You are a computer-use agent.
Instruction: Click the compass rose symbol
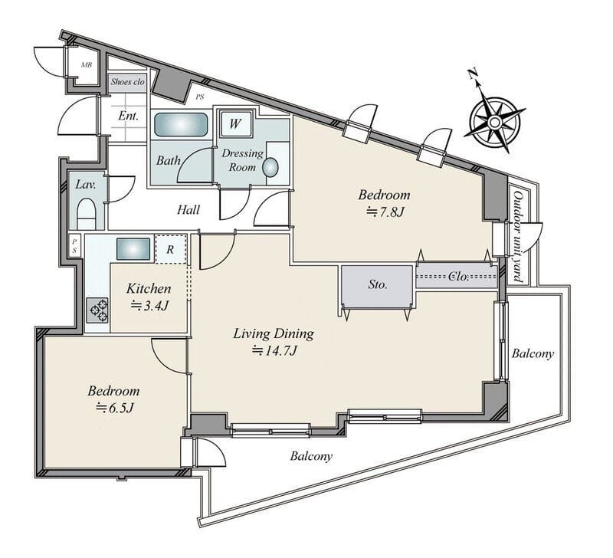click(494, 123)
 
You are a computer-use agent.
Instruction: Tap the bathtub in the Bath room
click(181, 125)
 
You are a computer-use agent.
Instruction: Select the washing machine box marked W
click(235, 123)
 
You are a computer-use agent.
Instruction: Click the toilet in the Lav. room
click(87, 214)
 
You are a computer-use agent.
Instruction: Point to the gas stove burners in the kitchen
click(98, 310)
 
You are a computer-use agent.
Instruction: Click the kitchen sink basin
click(133, 249)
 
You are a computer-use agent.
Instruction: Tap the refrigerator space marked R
click(170, 249)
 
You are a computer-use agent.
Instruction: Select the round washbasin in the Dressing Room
click(270, 167)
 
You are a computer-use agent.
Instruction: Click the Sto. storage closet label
click(377, 284)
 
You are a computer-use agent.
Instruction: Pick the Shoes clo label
click(127, 82)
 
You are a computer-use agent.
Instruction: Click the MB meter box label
click(87, 65)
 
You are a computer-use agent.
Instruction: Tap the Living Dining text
click(274, 334)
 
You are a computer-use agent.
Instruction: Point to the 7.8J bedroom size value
click(385, 212)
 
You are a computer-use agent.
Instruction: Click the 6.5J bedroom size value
click(116, 408)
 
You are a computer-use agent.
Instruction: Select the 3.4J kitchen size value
click(149, 305)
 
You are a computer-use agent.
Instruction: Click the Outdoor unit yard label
click(518, 236)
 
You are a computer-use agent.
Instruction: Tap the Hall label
click(188, 210)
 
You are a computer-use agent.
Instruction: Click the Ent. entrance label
click(128, 117)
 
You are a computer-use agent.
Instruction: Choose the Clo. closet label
click(457, 277)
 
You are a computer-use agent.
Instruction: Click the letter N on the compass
click(473, 74)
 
